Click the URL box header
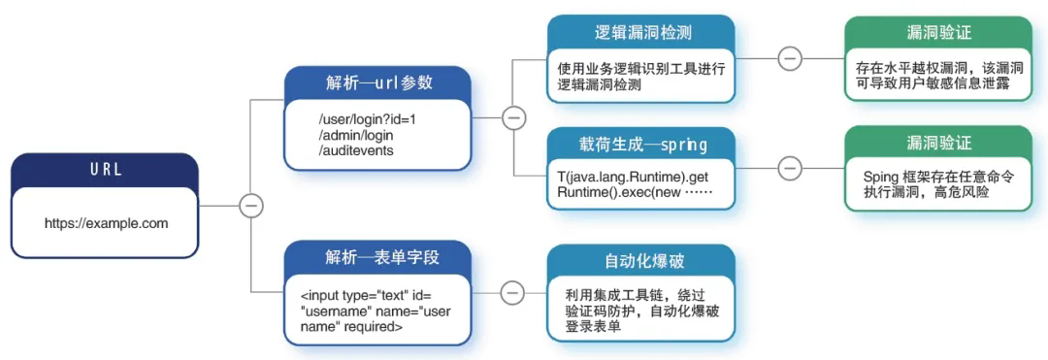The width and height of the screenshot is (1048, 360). click(105, 170)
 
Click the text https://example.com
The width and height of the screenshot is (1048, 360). click(107, 224)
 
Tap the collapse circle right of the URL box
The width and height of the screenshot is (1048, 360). click(252, 206)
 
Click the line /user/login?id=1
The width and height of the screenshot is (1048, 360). click(368, 120)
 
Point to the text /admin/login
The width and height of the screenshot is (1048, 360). click(355, 136)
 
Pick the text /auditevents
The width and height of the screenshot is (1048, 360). click(355, 151)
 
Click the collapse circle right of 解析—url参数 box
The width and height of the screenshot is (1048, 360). click(513, 118)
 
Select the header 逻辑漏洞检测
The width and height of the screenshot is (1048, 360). click(641, 33)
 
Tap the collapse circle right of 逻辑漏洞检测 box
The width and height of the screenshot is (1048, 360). click(790, 58)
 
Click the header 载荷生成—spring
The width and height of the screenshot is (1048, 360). click(641, 145)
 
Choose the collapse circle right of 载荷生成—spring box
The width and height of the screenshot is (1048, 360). click(790, 168)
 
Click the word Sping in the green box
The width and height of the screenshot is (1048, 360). click(881, 177)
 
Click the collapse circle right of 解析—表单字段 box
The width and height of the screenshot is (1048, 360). click(513, 292)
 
